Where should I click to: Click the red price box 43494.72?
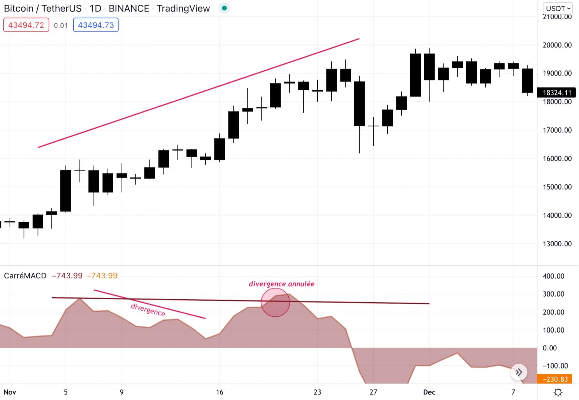[26, 25]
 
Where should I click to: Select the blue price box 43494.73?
[96, 25]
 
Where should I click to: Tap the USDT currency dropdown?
[558, 8]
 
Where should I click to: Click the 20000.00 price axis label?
[557, 45]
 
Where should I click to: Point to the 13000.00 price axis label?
[557, 244]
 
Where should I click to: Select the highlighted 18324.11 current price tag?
[557, 93]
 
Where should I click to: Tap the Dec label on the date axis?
[429, 392]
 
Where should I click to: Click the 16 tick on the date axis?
[220, 392]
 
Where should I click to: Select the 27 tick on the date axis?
[373, 392]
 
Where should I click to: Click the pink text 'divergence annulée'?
[281, 284]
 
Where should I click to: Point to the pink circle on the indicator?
[275, 303]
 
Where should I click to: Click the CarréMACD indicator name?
[25, 276]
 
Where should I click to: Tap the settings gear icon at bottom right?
[558, 392]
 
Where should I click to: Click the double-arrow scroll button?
[519, 372]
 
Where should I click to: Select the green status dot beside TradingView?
[224, 8]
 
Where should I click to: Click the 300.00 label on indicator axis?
[553, 294]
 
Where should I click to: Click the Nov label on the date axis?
[10, 392]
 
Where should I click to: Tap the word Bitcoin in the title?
[19, 8]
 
